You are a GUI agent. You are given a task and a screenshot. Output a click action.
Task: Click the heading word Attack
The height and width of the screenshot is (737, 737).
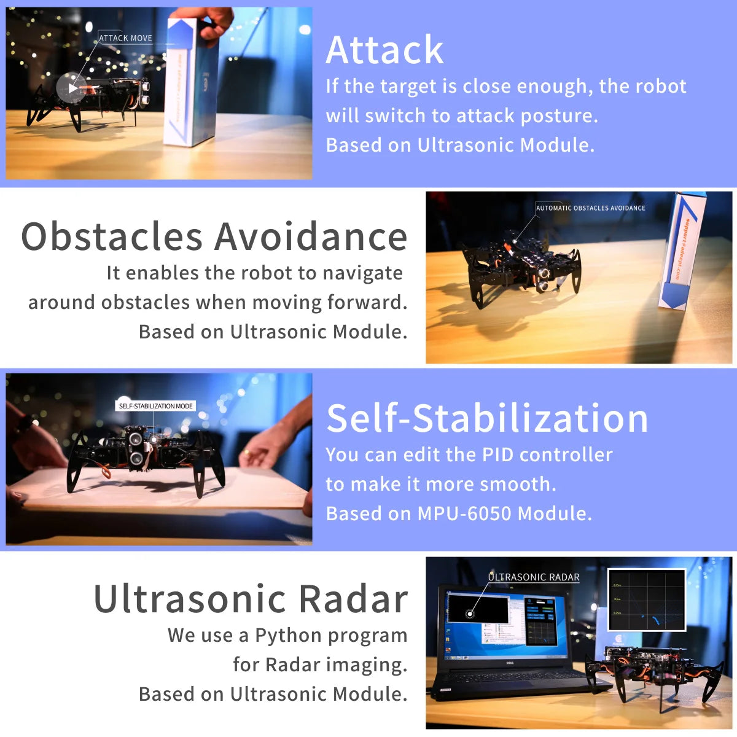tap(384, 50)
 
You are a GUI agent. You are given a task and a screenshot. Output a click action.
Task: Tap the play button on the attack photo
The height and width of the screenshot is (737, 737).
tap(72, 88)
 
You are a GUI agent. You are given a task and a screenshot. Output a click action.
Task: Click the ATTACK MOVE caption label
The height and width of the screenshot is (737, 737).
tap(125, 38)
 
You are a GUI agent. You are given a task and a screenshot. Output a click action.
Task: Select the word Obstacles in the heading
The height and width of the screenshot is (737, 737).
tap(111, 236)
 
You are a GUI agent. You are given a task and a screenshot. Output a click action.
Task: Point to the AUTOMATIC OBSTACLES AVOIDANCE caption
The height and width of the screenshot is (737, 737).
tap(590, 208)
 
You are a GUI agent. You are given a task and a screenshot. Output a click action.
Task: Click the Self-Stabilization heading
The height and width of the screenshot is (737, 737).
tap(487, 418)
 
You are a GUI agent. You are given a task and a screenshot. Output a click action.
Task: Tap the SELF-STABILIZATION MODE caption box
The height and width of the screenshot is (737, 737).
tap(155, 406)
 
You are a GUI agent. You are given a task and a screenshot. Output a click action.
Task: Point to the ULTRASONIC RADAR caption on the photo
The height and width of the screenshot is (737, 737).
tap(533, 577)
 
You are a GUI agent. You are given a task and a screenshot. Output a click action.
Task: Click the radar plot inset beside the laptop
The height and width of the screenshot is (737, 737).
tap(646, 599)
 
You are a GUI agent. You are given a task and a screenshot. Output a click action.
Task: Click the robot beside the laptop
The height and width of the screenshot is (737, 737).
tap(654, 669)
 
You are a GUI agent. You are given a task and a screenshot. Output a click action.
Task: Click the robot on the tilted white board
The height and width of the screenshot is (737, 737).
tap(142, 451)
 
